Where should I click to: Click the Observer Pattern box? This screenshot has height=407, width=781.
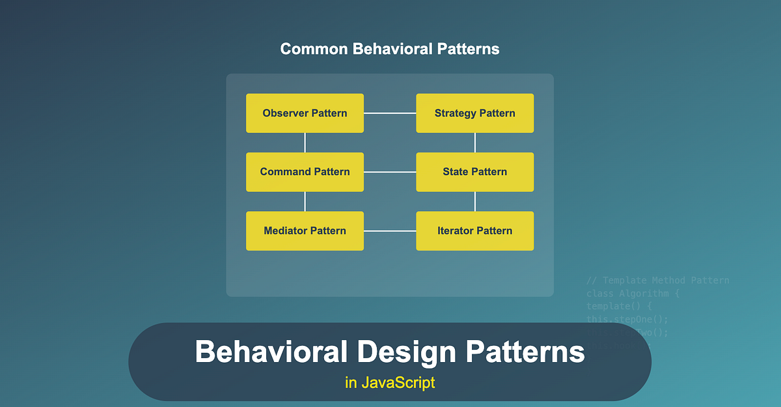click(305, 113)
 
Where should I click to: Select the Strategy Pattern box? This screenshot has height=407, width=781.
click(474, 113)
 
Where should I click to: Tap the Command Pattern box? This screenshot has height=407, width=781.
click(305, 172)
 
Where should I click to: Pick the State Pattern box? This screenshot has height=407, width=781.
click(474, 172)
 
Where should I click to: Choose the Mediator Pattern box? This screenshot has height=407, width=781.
click(305, 231)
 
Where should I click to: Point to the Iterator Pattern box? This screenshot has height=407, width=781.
click(474, 231)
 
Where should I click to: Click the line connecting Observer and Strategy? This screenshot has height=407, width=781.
click(390, 113)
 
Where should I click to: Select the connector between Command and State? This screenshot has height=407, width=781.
click(390, 172)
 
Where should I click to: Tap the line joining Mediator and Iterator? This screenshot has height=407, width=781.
click(390, 231)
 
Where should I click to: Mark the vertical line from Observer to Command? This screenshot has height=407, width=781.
click(305, 143)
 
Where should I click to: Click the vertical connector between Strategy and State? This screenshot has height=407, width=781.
click(475, 143)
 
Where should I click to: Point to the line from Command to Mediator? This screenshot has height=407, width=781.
click(305, 201)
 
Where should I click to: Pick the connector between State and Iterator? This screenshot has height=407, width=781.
click(475, 201)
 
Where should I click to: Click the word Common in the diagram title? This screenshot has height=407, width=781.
click(310, 49)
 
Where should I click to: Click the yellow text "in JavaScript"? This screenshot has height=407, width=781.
click(390, 382)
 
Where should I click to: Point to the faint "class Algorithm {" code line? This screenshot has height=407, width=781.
click(631, 294)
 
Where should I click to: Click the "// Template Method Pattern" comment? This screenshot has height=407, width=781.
click(658, 281)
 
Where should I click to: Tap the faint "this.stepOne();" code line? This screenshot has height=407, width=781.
click(627, 319)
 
